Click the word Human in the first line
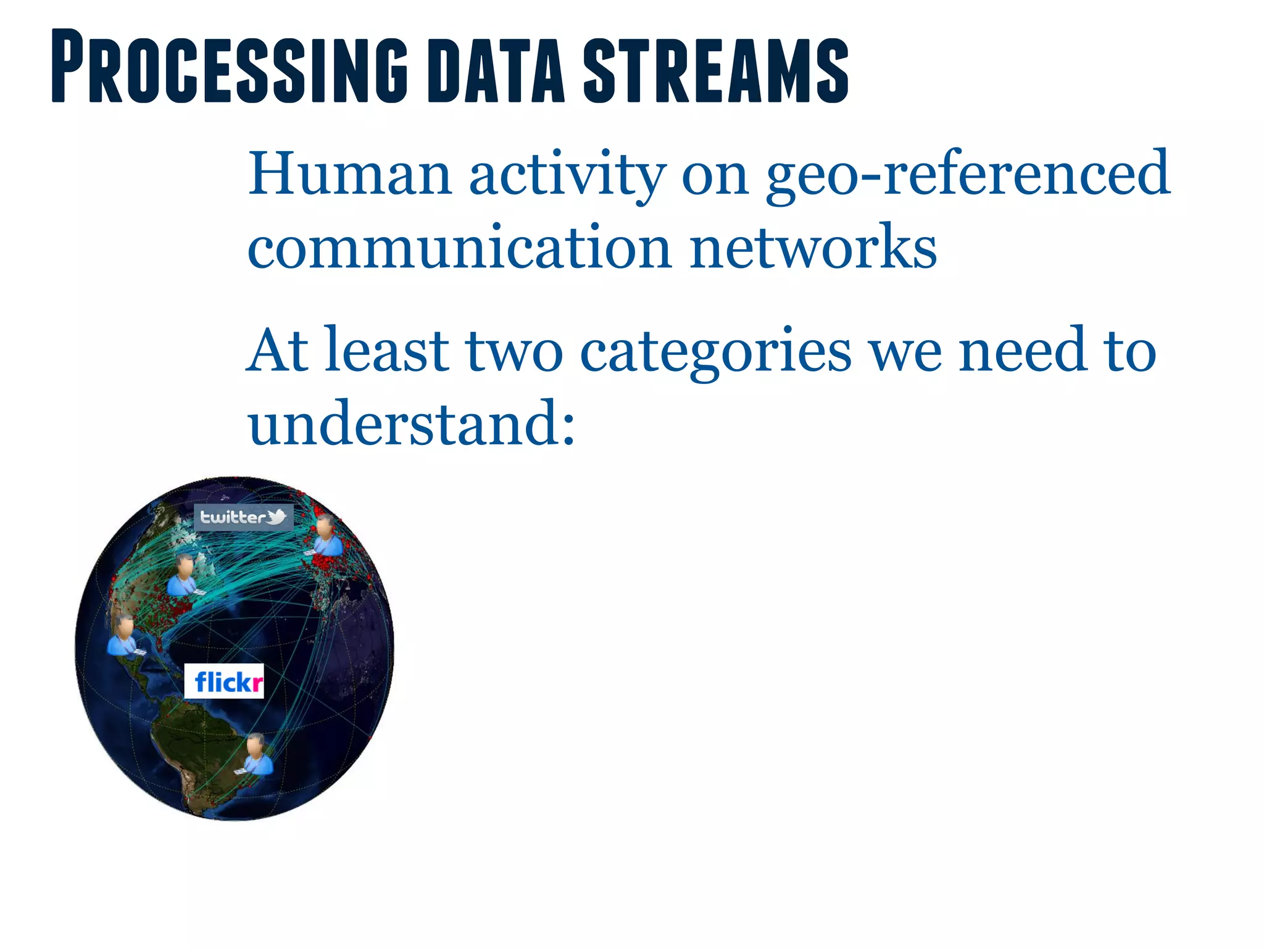coord(349,174)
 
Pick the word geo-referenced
coord(967,175)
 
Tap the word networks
coord(813,247)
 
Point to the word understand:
coord(411,423)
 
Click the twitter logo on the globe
coord(243,517)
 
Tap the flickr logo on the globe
coord(225,682)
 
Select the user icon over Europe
coord(325,536)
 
